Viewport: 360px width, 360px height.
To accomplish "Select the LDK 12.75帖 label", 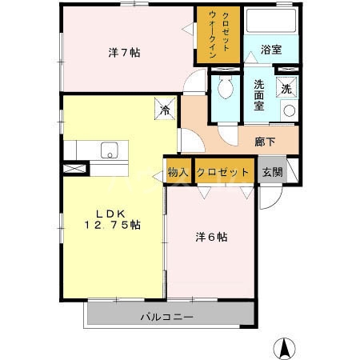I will (x=112, y=220).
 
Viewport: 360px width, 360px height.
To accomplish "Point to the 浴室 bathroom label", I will (x=271, y=50).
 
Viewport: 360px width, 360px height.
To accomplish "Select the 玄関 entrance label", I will (x=271, y=172).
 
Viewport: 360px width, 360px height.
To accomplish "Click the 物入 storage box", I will (x=178, y=172).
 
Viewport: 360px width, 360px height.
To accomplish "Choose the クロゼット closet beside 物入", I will (x=222, y=172).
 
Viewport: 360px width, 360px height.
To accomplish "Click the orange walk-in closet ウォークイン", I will (x=218, y=37).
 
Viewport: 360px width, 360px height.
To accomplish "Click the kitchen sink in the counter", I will (x=109, y=150).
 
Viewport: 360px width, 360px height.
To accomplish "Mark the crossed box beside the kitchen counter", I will (x=72, y=169).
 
